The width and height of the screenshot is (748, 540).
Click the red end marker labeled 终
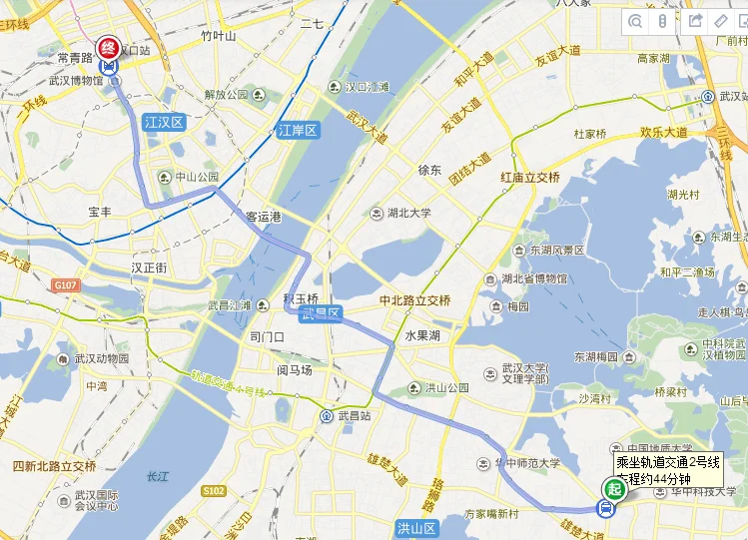click(108, 47)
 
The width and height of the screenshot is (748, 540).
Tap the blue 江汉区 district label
click(164, 123)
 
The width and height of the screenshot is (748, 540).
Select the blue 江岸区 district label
click(297, 130)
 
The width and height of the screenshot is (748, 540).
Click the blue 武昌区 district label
click(324, 313)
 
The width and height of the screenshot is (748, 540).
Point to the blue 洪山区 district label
click(416, 528)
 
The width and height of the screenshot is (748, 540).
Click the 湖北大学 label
click(409, 213)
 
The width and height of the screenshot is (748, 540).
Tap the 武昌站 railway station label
click(353, 415)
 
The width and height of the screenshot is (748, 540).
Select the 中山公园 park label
click(197, 177)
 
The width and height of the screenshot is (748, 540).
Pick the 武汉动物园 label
click(101, 358)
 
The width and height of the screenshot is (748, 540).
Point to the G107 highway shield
click(66, 285)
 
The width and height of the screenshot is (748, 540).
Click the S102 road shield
click(213, 491)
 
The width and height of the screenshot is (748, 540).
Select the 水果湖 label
click(422, 335)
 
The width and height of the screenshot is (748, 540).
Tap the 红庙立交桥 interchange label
click(530, 177)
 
